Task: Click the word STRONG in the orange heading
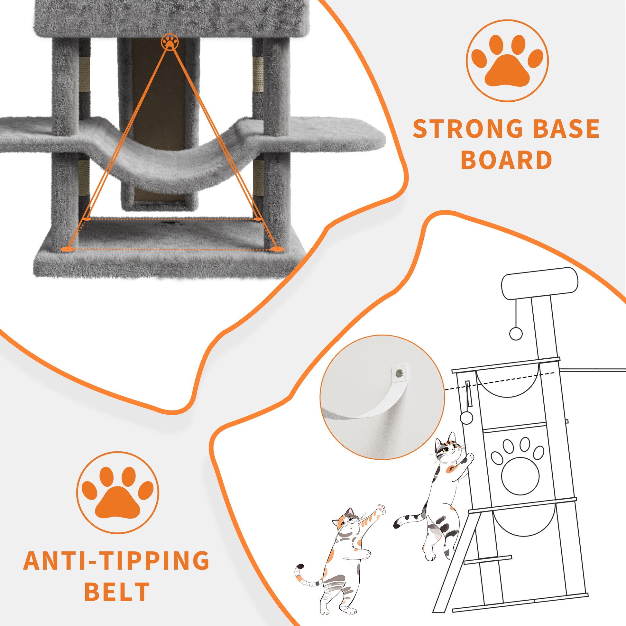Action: click(468, 129)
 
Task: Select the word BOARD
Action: click(506, 160)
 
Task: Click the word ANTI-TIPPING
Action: click(117, 560)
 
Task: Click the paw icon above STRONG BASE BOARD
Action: click(507, 61)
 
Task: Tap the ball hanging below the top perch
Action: click(516, 333)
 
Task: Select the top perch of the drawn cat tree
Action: click(540, 283)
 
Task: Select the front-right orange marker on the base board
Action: click(277, 249)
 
